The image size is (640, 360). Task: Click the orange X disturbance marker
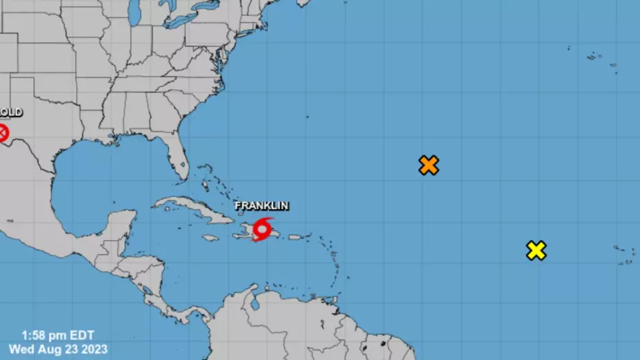(x=428, y=166)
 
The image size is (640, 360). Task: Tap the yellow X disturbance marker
(x=536, y=250)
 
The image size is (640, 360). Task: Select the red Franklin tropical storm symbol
(x=263, y=228)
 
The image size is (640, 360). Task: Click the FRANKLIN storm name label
(x=261, y=206)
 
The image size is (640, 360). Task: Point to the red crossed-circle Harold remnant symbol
(x=3, y=132)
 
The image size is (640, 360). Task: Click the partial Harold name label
(x=10, y=112)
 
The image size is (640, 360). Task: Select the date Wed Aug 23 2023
(x=58, y=350)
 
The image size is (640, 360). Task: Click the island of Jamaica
(x=211, y=238)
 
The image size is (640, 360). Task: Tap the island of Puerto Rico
(x=294, y=237)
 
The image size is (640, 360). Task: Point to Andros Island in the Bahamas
(x=203, y=186)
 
